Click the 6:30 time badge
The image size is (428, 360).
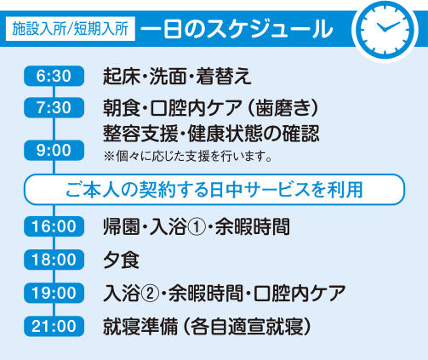[x=54, y=76]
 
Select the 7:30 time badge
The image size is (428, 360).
[x=54, y=107]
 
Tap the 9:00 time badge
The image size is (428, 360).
[x=54, y=150]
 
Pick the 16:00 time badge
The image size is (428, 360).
[x=54, y=226]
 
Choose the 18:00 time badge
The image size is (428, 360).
[x=54, y=260]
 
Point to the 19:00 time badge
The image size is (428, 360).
[x=54, y=293]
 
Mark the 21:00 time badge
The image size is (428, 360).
[x=54, y=326]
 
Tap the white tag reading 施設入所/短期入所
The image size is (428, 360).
[x=71, y=29]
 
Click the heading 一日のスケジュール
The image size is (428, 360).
[x=237, y=29]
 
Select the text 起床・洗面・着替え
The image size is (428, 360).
[x=177, y=76]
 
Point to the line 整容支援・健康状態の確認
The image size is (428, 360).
[x=211, y=133]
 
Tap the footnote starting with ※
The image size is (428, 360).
[x=188, y=157]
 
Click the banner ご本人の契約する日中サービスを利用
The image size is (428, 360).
[x=214, y=189]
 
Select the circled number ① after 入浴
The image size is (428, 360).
[x=197, y=227]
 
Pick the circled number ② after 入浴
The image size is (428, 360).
[x=150, y=294]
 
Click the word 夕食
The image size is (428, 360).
[x=121, y=260]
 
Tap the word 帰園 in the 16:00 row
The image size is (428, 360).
[x=121, y=227]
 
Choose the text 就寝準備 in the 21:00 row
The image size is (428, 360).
[x=140, y=327]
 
